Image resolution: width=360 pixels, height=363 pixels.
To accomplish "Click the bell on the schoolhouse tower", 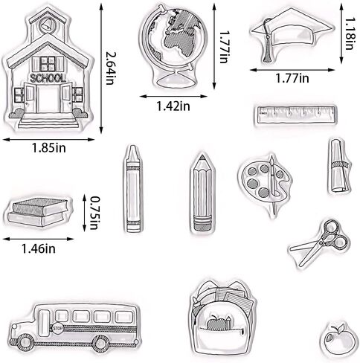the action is pos(45,25).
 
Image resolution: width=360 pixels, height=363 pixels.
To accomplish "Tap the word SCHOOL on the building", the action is pos(48,78).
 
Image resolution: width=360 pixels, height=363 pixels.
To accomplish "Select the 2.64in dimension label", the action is pos(109,68).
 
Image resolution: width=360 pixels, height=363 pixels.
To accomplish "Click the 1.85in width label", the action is pos(49,148).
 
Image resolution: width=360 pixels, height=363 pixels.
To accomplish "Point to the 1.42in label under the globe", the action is pos(173,106).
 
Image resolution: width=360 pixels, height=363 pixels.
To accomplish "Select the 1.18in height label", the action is pos(349,33).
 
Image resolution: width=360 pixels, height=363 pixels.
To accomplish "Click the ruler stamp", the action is pos(295,115).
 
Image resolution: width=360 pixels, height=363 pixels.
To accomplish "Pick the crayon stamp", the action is pos(133,189).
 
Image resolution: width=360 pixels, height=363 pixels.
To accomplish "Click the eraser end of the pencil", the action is pos(202,223).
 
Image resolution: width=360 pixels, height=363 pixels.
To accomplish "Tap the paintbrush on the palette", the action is pos(273,184).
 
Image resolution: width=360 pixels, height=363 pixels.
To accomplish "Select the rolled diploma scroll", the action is pos(338,166).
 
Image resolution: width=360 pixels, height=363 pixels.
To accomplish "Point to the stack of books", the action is pos(38,212).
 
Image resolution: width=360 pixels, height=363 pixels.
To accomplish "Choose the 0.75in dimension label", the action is pos(94,213).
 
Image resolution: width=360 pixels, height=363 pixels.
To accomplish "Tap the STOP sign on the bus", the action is pos(57,328).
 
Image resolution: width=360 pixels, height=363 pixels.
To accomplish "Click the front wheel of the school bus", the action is pos(26,342).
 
